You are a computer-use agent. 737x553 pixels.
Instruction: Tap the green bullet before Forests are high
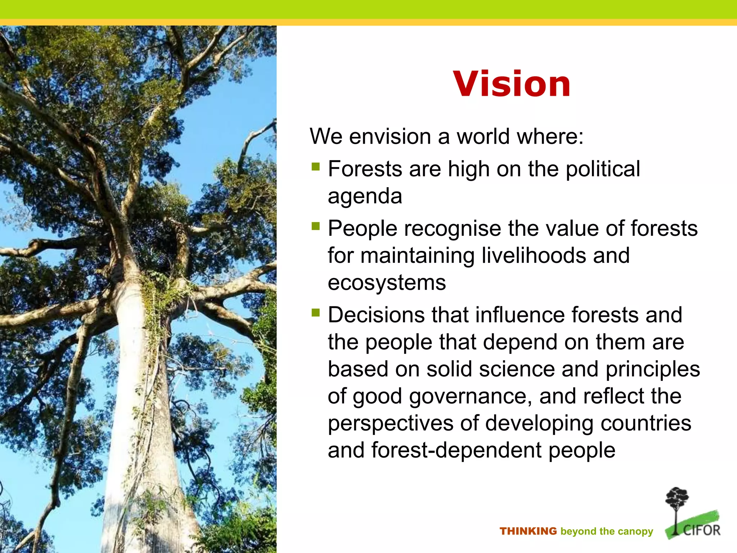coord(316,166)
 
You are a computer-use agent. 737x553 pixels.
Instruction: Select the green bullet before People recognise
coord(316,226)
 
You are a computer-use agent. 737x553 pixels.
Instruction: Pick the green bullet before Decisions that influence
coord(316,312)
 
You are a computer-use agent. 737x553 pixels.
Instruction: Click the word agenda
coord(365,197)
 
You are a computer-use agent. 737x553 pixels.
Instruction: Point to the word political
coord(602,169)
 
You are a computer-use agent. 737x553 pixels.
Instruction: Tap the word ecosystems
coord(386,283)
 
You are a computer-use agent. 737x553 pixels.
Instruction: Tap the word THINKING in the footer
coord(528,531)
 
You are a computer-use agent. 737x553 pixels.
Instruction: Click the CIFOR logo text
coord(702,530)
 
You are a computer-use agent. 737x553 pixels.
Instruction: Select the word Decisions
coord(376,315)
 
